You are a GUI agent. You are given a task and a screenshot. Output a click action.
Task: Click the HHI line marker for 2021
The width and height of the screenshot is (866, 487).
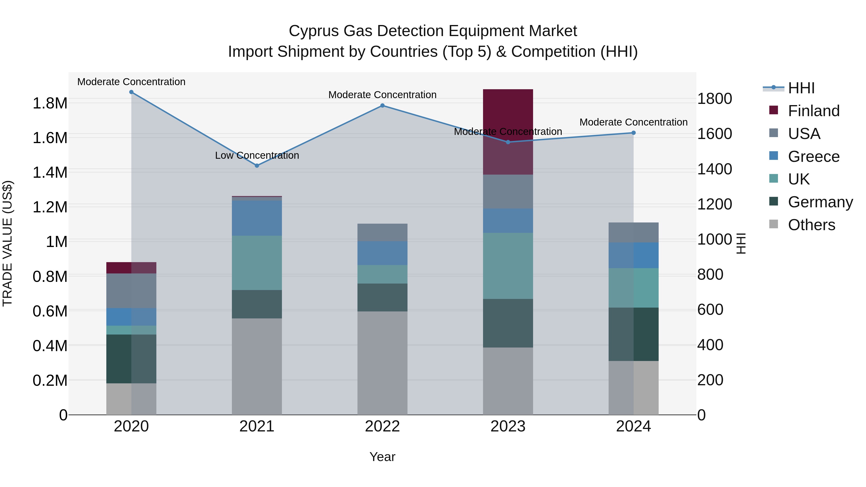[257, 165]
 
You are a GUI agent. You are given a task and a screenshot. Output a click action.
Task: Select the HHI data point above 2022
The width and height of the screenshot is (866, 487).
[382, 106]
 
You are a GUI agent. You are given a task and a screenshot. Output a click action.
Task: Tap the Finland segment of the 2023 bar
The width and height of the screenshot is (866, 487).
[508, 131]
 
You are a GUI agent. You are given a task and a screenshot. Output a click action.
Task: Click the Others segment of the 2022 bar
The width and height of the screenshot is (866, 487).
[382, 363]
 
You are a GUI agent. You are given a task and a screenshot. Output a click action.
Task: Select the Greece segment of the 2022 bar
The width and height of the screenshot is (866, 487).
[382, 253]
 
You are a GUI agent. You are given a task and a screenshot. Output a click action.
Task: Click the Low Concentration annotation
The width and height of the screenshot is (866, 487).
[257, 155]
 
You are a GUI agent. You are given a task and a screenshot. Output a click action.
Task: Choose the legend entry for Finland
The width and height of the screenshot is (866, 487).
[813, 111]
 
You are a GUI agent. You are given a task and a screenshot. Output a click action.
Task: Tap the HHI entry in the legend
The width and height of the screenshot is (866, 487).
[801, 88]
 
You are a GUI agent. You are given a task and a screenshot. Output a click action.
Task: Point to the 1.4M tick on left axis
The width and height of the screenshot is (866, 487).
[50, 172]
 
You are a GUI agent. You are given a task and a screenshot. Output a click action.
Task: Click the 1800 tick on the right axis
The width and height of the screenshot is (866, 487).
[714, 99]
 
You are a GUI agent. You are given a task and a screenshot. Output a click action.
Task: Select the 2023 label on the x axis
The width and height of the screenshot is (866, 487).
[508, 426]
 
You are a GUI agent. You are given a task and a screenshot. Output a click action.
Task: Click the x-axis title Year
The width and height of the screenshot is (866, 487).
[382, 457]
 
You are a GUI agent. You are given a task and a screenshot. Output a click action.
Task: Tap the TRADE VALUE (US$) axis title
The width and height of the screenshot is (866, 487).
[7, 243]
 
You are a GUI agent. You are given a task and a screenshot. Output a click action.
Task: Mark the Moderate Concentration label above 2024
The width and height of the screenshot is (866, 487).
[633, 122]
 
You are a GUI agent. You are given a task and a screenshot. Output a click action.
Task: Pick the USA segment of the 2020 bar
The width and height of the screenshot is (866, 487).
[131, 291]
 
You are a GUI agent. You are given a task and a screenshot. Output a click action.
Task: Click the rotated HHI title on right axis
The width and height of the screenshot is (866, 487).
[741, 243]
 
